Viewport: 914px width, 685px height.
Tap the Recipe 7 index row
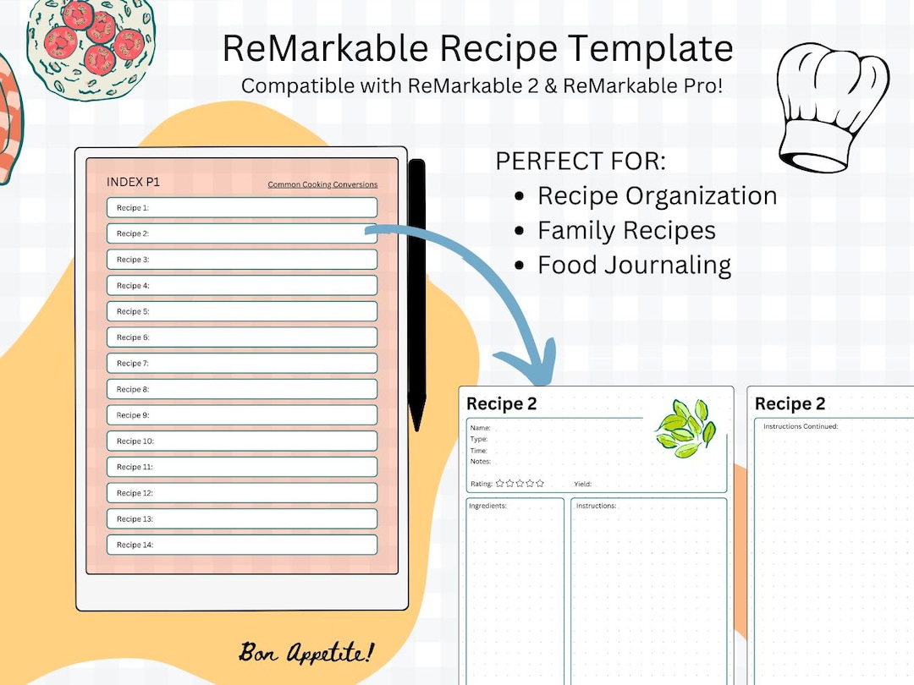pyautogui.click(x=242, y=363)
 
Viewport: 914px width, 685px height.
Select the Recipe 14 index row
pyautogui.click(x=242, y=545)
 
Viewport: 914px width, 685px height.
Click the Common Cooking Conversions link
pyautogui.click(x=322, y=184)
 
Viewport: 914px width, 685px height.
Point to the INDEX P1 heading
pyautogui.click(x=133, y=182)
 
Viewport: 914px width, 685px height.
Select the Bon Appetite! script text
pyautogui.click(x=306, y=652)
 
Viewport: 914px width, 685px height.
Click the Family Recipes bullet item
pyautogui.click(x=626, y=230)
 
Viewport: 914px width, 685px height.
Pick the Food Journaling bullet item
pyautogui.click(x=634, y=265)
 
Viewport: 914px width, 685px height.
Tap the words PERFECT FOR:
pyautogui.click(x=581, y=161)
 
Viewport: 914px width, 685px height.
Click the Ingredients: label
pyautogui.click(x=487, y=506)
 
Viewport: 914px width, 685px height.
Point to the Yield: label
pyautogui.click(x=582, y=485)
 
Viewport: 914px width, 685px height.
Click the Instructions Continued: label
pyautogui.click(x=801, y=426)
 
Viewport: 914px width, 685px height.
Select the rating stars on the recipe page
pyautogui.click(x=520, y=484)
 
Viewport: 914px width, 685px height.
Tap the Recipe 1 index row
pyautogui.click(x=242, y=207)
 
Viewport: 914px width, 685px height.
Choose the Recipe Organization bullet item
pyautogui.click(x=657, y=195)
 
